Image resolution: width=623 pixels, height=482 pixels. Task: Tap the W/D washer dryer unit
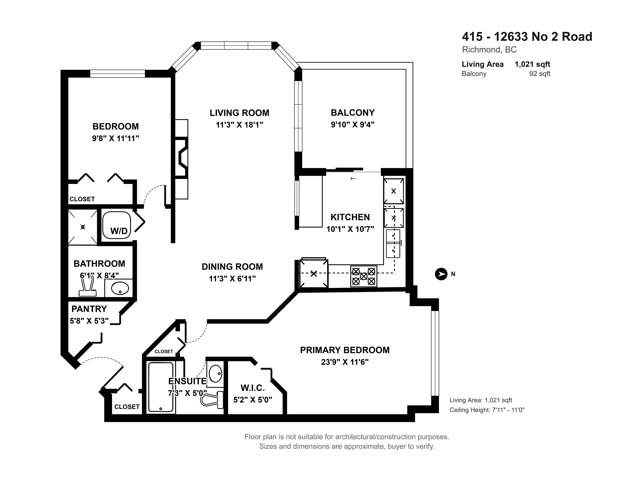116,225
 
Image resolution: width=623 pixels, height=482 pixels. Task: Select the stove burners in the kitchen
364,276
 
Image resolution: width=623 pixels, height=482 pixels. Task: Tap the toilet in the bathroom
88,287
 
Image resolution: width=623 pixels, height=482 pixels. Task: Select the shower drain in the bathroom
83,227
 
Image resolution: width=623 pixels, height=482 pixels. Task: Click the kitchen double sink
393,243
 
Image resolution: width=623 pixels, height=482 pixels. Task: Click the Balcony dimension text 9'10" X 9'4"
353,125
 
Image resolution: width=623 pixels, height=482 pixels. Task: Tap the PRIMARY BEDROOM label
345,350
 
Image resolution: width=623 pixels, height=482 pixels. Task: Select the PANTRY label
89,309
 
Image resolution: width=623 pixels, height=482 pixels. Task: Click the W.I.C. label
253,388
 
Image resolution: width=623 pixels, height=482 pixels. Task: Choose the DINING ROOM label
232,267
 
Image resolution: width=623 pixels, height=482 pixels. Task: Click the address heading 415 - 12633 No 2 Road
527,37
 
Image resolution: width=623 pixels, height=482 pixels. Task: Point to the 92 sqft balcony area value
540,74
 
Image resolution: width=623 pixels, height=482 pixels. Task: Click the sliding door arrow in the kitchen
353,179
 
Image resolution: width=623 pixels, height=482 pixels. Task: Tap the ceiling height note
487,410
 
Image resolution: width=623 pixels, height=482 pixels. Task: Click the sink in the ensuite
216,373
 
